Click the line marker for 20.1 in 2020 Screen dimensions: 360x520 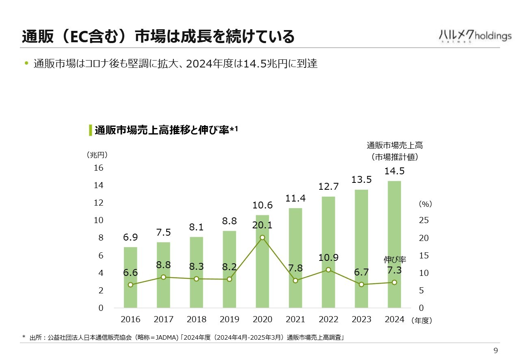coord(262,237)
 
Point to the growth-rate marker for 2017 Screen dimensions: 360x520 coord(163,277)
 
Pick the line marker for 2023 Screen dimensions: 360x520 coord(361,284)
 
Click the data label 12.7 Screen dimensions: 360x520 coord(329,187)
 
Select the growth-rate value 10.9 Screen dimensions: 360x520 coord(329,258)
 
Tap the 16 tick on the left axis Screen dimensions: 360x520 coord(99,168)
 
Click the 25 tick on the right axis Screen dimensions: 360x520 coord(424,220)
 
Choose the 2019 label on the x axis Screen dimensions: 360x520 coord(230,319)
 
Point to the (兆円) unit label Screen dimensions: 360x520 coord(97,155)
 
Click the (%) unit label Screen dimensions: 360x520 coord(425,204)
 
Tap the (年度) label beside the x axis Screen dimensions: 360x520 coord(422,321)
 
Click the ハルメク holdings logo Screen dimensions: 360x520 coord(475,36)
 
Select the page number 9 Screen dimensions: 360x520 coord(495,351)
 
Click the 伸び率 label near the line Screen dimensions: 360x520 coord(395,259)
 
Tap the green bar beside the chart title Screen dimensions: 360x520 coord(90,130)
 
